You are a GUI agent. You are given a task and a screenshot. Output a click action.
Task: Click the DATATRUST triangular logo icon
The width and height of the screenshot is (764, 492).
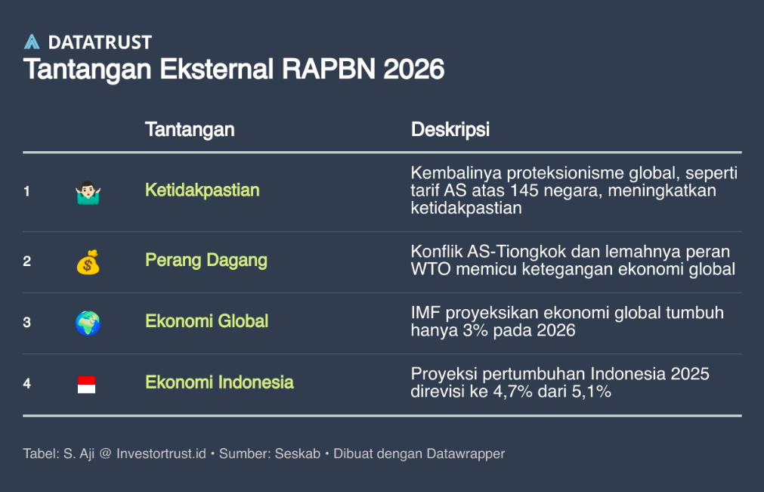tap(32, 42)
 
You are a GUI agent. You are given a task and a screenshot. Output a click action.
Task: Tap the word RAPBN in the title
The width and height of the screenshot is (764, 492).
tap(329, 69)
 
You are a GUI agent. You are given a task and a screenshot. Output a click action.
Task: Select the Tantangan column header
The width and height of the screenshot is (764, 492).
tap(190, 129)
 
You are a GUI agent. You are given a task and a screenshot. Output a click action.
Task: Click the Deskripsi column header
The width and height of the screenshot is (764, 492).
tap(450, 129)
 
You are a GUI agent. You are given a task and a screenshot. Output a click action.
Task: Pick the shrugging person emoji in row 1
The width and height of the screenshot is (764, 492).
tap(88, 193)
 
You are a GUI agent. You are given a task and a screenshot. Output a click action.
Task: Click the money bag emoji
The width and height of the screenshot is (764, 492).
tap(88, 262)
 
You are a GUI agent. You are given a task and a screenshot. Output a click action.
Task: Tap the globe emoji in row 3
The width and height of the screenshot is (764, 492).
tap(88, 323)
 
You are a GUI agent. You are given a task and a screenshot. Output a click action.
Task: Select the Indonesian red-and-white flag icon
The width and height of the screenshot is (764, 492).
tap(87, 385)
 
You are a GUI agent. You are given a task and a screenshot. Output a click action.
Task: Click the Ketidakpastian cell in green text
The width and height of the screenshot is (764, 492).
tap(203, 190)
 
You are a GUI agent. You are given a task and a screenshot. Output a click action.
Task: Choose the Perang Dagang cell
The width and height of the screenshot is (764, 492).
tap(206, 260)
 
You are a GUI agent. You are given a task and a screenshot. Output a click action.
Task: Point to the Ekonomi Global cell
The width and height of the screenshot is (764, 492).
tap(206, 321)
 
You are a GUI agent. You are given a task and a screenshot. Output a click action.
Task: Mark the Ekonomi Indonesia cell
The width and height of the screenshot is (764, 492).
tap(219, 382)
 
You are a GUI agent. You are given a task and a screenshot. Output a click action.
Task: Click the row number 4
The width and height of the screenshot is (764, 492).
tap(26, 384)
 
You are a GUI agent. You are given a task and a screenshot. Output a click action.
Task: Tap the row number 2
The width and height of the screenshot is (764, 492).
tap(26, 261)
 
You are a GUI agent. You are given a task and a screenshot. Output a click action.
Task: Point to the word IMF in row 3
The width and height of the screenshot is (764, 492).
tap(425, 313)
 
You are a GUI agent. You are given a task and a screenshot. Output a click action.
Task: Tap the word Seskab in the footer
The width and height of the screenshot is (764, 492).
tap(298, 453)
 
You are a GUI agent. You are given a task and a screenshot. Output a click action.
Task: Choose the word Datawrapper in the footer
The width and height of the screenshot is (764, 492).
tap(466, 454)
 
